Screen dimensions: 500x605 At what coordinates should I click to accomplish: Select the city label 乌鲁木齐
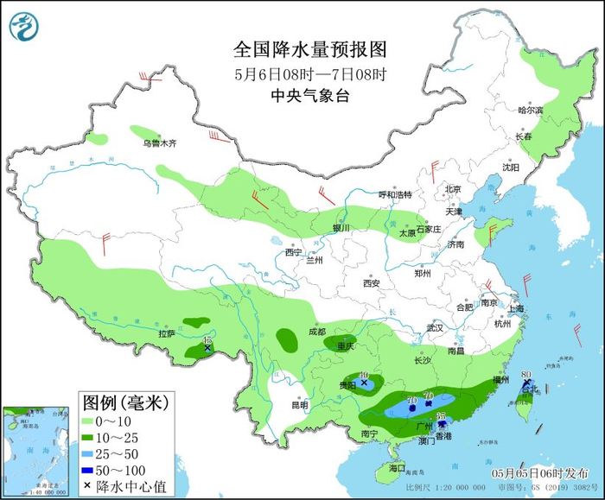tap(159, 143)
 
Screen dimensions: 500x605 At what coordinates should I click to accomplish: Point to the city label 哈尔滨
tap(530, 111)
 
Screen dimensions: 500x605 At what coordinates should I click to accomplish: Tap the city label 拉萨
tap(167, 333)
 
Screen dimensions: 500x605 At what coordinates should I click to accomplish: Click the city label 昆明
tap(299, 404)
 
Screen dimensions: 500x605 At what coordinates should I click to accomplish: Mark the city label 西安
tap(372, 282)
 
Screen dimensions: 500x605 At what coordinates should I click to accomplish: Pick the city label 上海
tap(516, 308)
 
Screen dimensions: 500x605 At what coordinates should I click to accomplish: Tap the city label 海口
tap(397, 467)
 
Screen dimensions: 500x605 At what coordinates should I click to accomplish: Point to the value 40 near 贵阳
tap(365, 375)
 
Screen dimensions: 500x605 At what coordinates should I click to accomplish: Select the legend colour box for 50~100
tap(89, 470)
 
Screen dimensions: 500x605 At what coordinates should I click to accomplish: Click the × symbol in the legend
tap(89, 486)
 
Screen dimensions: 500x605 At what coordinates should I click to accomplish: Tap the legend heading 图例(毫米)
tap(124, 402)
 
